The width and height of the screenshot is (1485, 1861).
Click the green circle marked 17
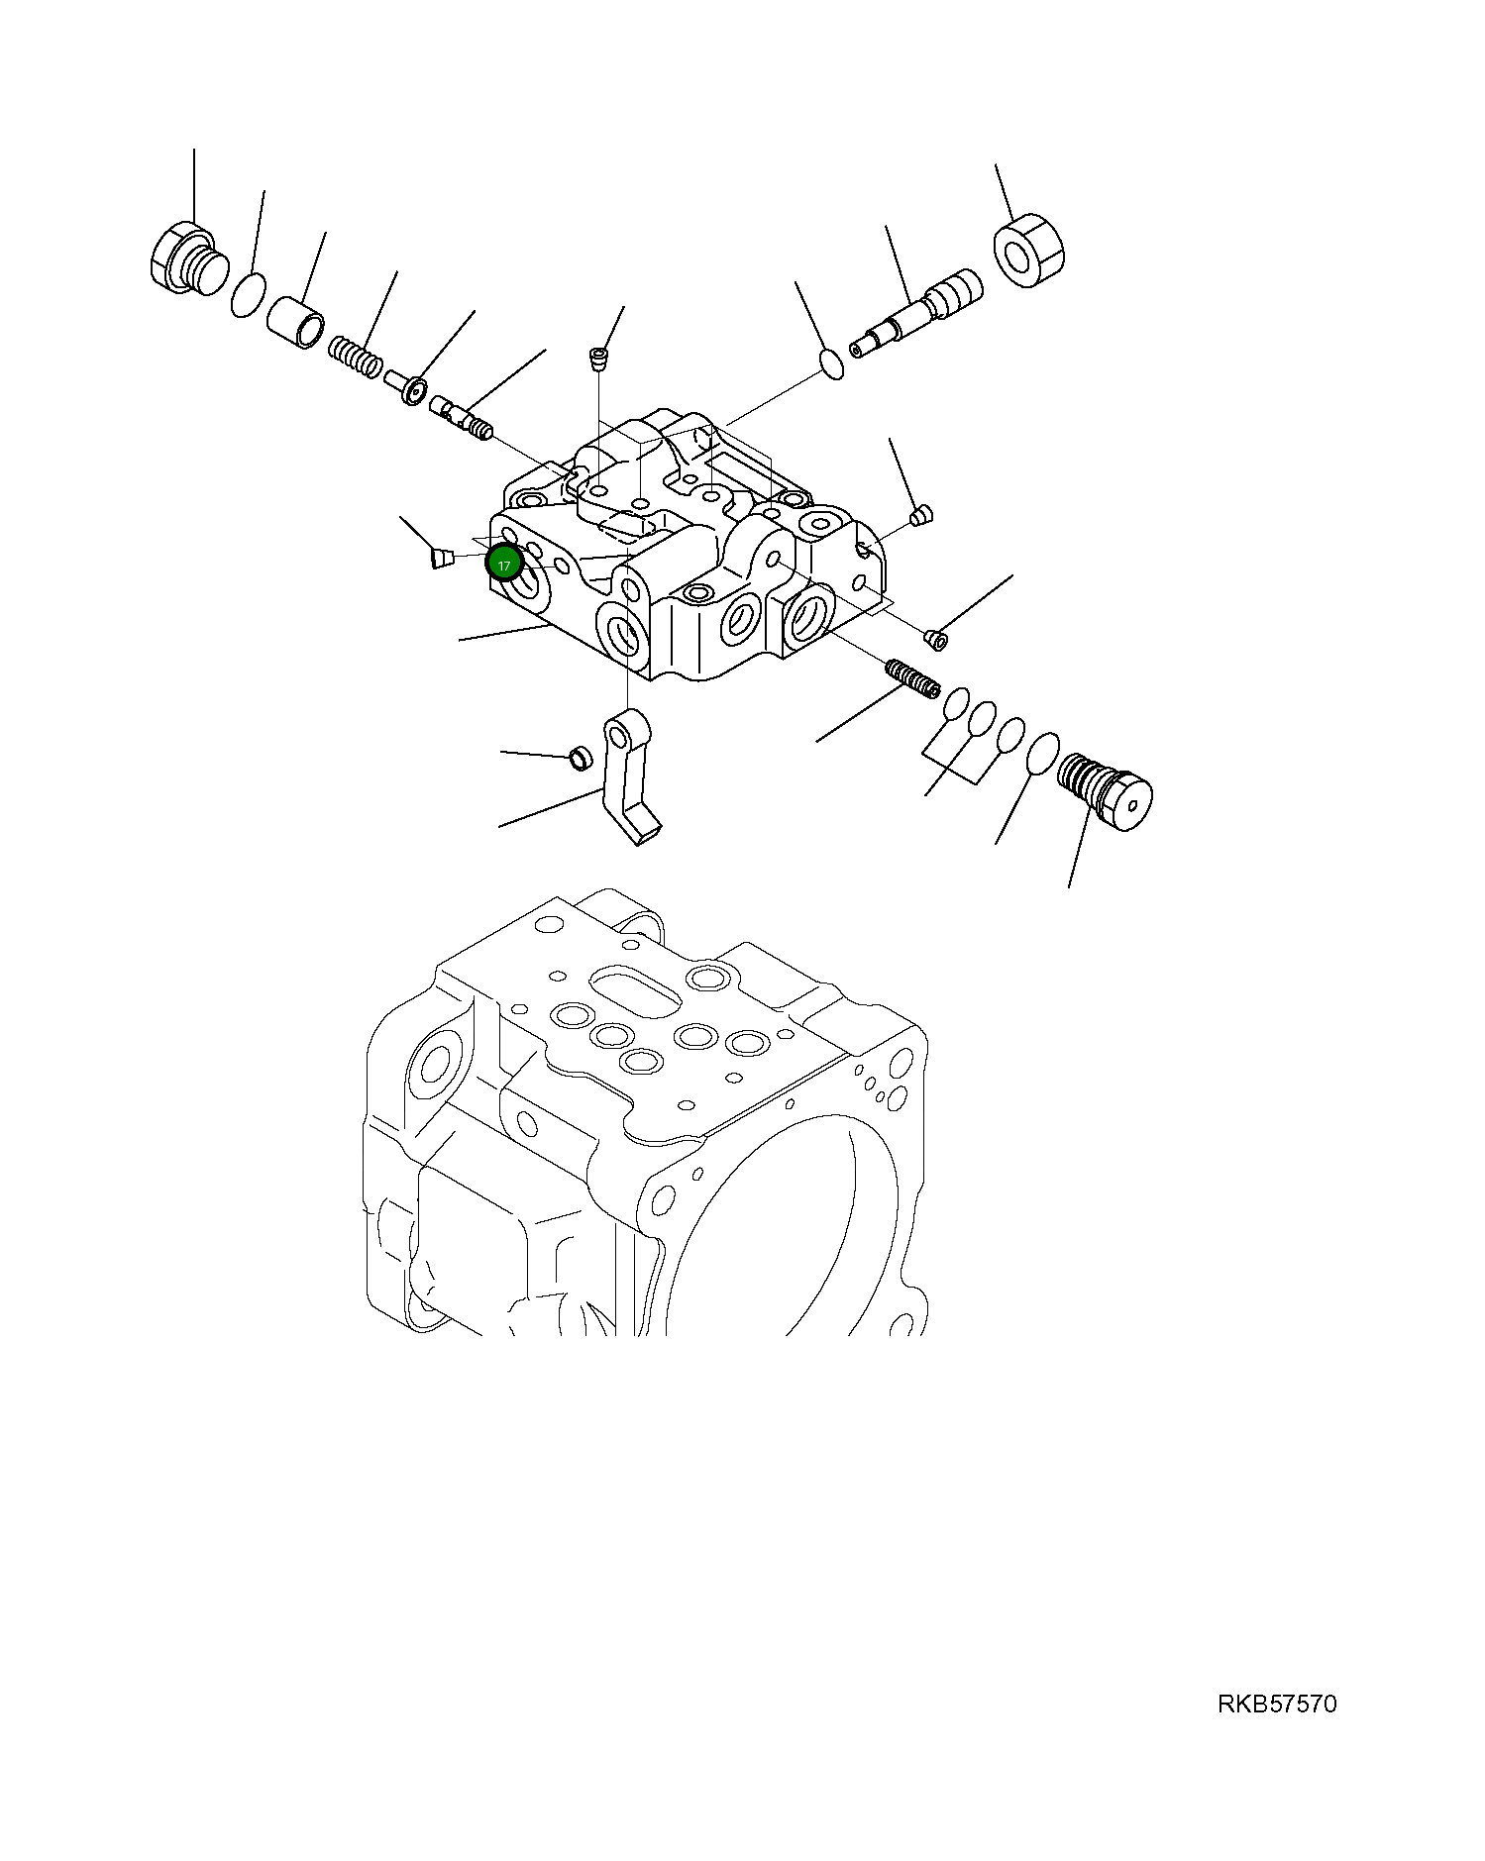(x=504, y=565)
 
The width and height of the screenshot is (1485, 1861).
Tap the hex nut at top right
(x=1027, y=252)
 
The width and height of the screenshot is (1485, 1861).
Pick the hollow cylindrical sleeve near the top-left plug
(x=295, y=326)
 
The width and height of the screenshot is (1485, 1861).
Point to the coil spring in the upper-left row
(x=355, y=358)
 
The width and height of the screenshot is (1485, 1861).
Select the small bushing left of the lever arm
(x=580, y=759)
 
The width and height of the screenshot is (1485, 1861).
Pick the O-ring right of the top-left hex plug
(x=248, y=295)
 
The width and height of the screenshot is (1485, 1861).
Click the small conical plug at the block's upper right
(x=920, y=516)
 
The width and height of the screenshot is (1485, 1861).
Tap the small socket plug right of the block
(x=935, y=639)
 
